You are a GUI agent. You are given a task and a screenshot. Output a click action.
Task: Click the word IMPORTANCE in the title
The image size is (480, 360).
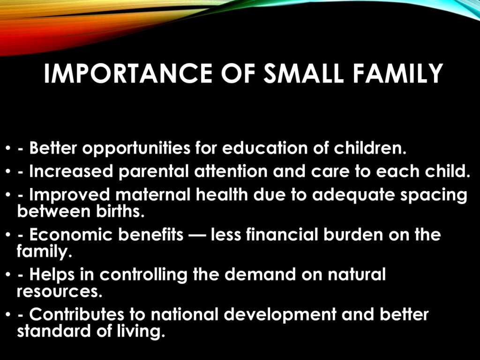[128, 74]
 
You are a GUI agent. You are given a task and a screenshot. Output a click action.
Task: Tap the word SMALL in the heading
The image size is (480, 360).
[304, 74]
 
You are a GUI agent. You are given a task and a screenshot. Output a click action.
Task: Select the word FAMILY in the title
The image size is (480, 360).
[398, 74]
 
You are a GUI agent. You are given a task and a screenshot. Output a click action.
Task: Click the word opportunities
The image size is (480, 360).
[136, 149]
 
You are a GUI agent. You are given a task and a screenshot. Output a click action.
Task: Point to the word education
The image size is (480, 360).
[265, 148]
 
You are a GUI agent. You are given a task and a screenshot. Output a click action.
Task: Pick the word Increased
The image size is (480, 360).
[71, 172]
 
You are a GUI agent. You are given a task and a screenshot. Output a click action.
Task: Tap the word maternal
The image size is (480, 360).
[153, 195]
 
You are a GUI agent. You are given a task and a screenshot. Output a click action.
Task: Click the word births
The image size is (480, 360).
[120, 211]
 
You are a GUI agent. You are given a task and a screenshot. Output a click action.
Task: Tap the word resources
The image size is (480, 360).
[60, 292]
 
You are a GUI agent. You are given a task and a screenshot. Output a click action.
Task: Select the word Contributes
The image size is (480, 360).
[77, 315]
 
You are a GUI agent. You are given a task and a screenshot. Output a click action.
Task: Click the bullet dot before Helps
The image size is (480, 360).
[8, 275]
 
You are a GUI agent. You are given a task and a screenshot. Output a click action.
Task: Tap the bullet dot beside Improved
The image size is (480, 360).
[8, 195]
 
